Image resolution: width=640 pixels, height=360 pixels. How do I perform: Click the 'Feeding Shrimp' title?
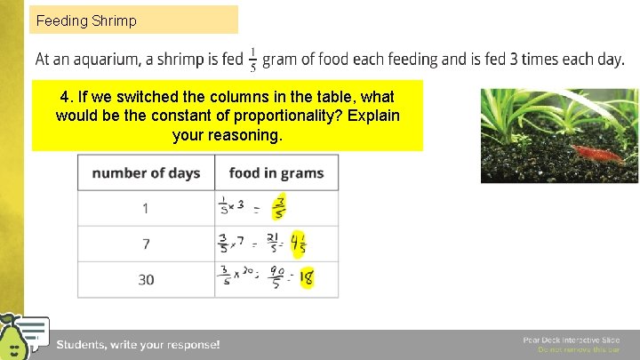(x=86, y=20)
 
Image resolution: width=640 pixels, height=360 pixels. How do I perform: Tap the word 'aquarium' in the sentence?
(x=109, y=60)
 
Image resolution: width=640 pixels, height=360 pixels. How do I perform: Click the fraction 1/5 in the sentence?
(x=254, y=59)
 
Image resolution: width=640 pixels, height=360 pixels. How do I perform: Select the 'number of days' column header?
(x=146, y=172)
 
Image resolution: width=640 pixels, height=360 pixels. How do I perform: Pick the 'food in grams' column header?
(x=276, y=172)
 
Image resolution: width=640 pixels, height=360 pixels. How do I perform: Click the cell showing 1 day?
(x=146, y=208)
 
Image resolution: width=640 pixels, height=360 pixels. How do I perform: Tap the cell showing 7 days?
(x=146, y=244)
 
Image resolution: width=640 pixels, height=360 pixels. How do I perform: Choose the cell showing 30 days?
(x=146, y=279)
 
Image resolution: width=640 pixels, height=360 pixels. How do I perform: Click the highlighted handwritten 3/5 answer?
(x=279, y=208)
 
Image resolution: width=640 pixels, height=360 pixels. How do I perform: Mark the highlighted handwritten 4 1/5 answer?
(x=298, y=244)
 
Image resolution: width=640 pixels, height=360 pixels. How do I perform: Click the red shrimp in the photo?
(x=584, y=154)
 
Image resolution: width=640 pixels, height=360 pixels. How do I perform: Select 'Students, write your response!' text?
(x=138, y=344)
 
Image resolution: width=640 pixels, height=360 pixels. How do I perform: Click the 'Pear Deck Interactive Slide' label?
(x=572, y=340)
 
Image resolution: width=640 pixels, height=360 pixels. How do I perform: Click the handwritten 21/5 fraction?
(x=274, y=244)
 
